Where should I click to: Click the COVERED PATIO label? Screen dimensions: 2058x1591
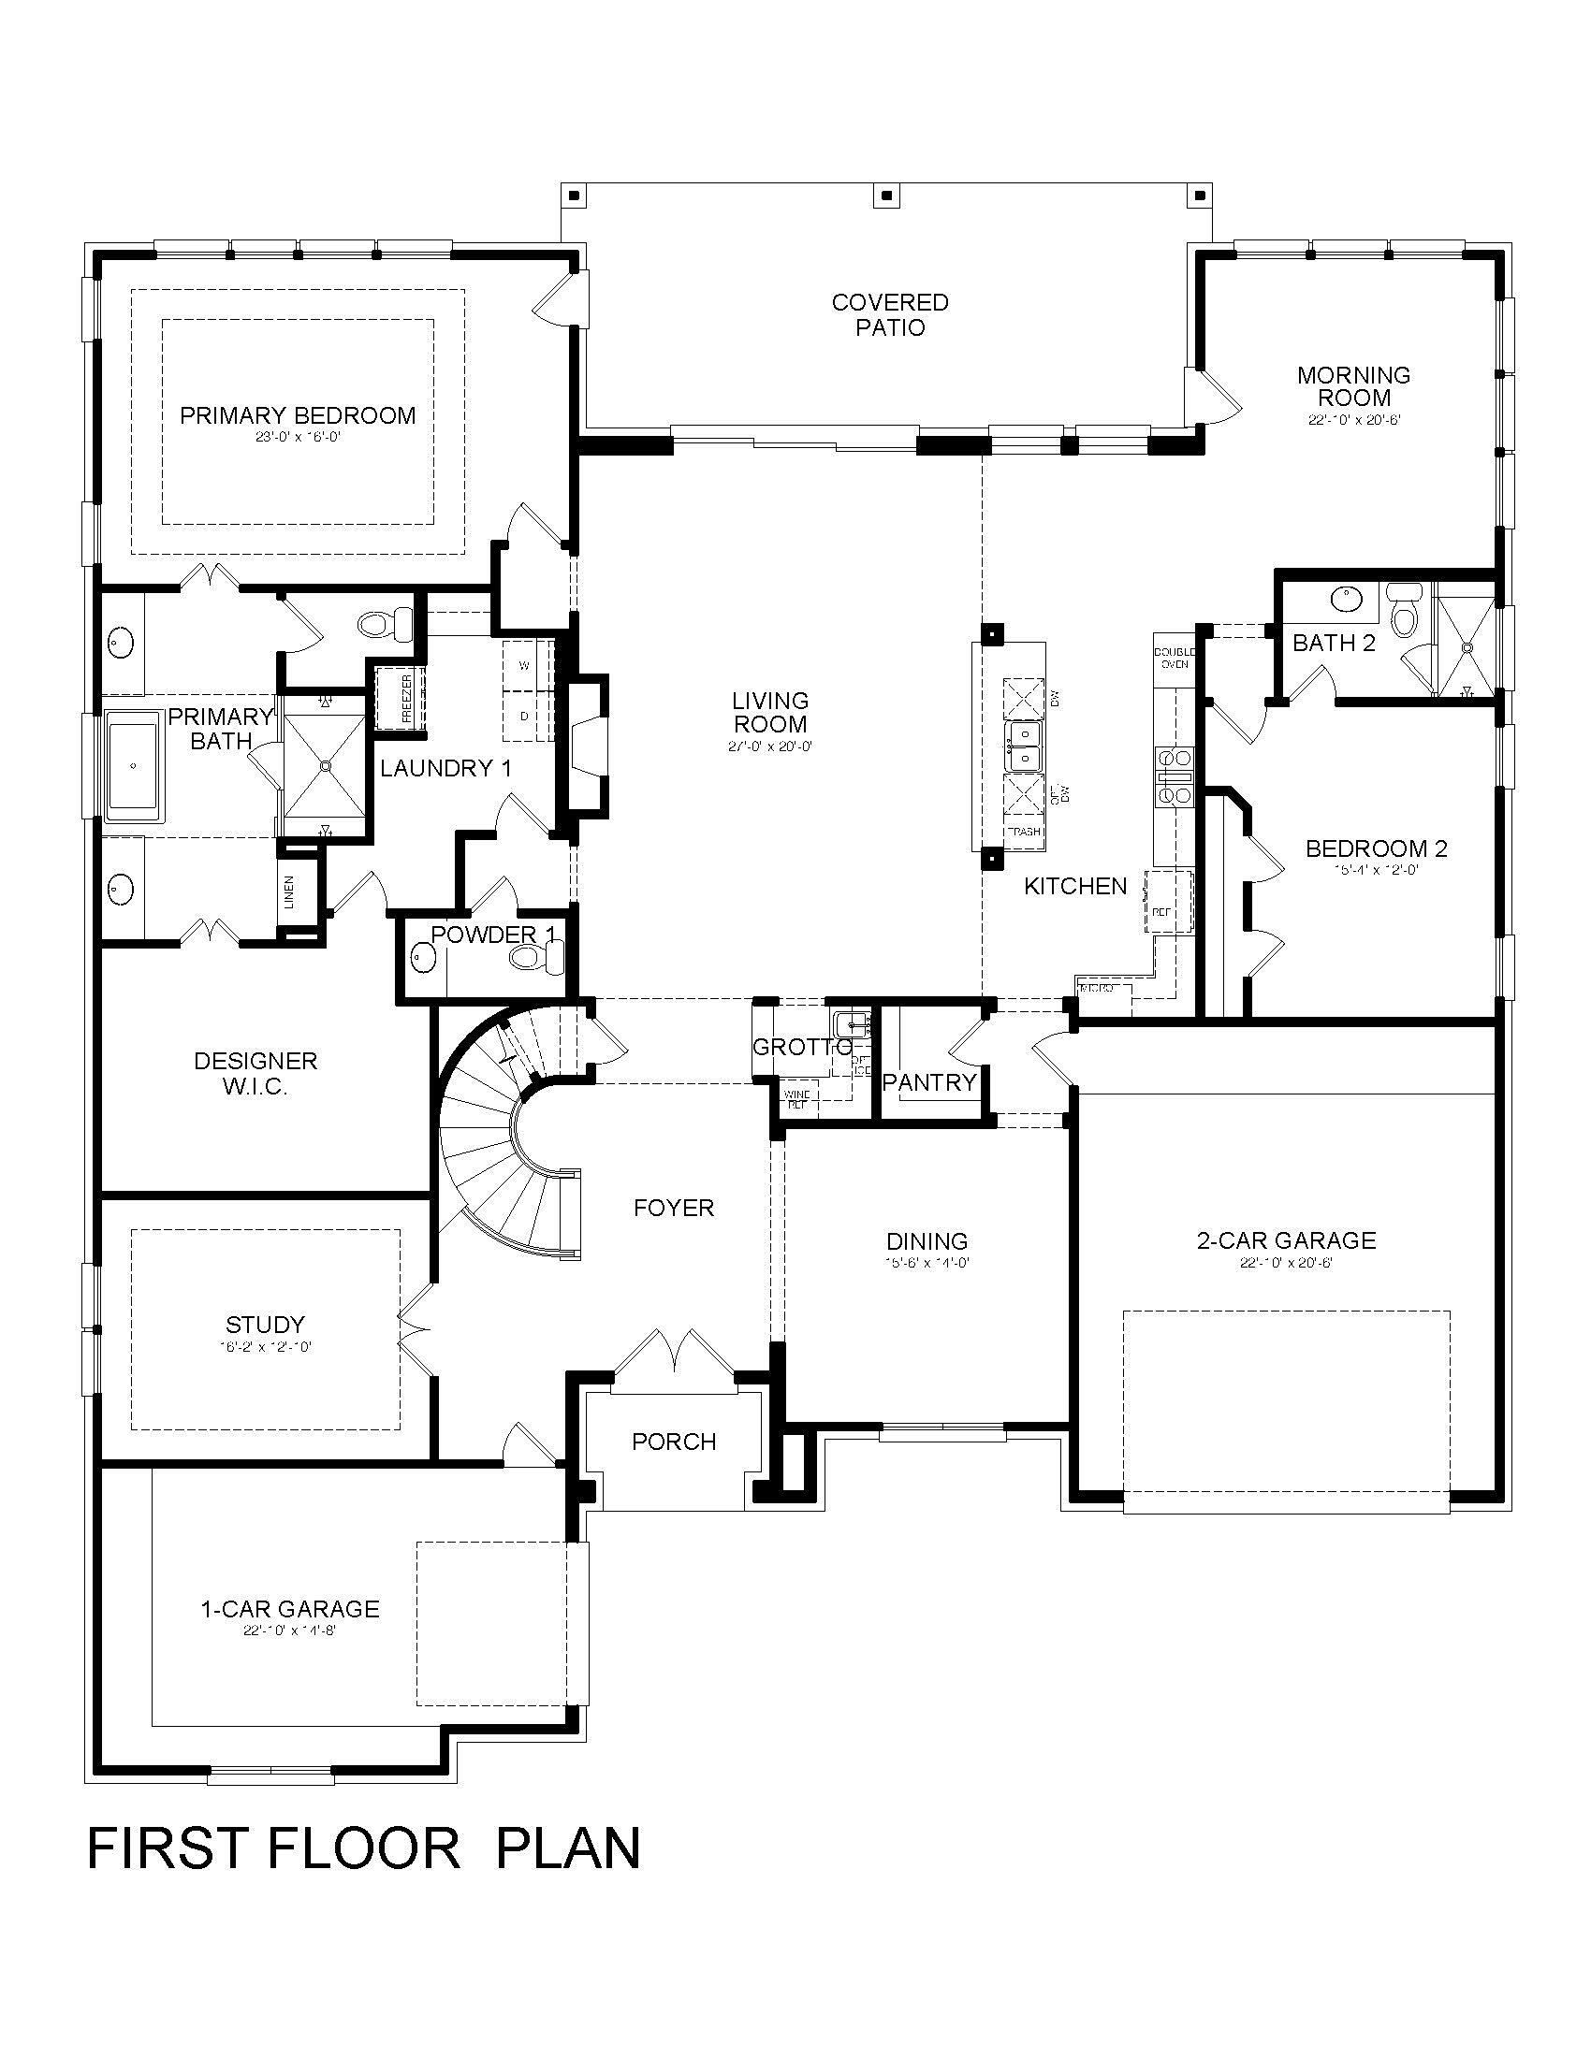[x=890, y=314]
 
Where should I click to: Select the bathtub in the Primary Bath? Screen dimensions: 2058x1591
[x=135, y=765]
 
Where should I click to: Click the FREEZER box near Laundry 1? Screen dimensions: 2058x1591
[x=401, y=698]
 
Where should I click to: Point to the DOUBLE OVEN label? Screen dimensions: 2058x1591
[x=1174, y=658]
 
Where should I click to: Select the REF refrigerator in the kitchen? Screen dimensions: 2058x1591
[x=1167, y=902]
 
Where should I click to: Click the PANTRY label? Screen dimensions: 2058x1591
[x=929, y=1082]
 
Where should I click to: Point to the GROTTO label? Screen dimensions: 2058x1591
[x=802, y=1047]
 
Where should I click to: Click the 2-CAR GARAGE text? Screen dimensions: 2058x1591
[x=1286, y=1241]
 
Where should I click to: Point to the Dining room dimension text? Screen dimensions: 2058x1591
[x=927, y=1263]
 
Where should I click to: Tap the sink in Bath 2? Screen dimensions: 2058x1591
[x=1345, y=598]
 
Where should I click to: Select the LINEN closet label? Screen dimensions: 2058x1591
[x=289, y=892]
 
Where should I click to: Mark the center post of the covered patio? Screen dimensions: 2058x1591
[x=886, y=196]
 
